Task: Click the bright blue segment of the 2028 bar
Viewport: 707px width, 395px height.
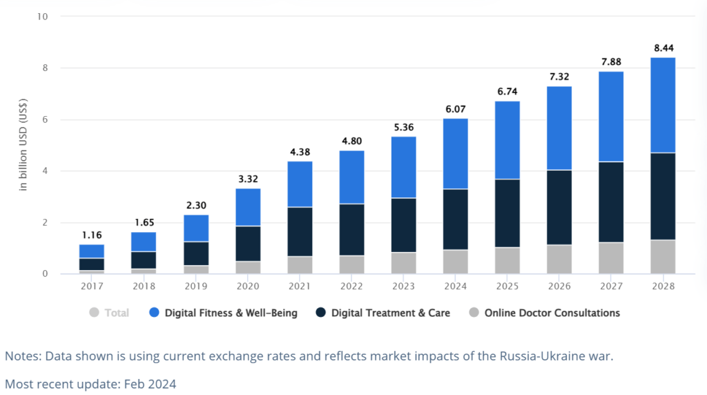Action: click(663, 105)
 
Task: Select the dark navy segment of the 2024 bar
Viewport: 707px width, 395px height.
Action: click(456, 219)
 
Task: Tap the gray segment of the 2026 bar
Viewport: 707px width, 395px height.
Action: click(559, 259)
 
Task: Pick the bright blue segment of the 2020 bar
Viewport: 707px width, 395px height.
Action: click(248, 207)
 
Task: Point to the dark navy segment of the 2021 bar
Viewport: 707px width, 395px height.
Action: click(300, 232)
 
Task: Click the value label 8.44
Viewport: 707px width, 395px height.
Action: click(664, 48)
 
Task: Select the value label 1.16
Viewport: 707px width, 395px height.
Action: click(92, 235)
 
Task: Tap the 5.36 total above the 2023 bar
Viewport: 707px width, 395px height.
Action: click(403, 127)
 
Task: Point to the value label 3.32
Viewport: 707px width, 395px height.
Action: click(248, 179)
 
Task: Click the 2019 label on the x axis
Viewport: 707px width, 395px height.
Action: click(196, 287)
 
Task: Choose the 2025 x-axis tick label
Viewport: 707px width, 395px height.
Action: click(507, 287)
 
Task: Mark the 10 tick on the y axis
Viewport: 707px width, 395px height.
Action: click(42, 17)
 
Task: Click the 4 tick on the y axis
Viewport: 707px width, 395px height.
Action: click(45, 171)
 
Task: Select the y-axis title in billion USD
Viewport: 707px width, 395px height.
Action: click(23, 145)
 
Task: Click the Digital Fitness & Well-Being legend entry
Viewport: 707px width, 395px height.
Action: click(223, 313)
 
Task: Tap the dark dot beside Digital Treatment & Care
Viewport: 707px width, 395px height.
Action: click(320, 313)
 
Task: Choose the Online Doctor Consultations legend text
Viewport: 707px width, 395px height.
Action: click(552, 313)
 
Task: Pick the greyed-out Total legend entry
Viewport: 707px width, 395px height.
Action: click(109, 313)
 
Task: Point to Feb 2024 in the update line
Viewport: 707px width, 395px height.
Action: click(150, 384)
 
